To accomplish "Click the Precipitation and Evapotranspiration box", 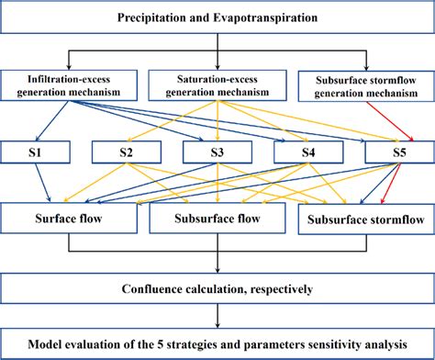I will [217, 17].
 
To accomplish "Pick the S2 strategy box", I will [124, 152].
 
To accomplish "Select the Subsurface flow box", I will [217, 219].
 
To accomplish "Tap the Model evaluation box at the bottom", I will [217, 343].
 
